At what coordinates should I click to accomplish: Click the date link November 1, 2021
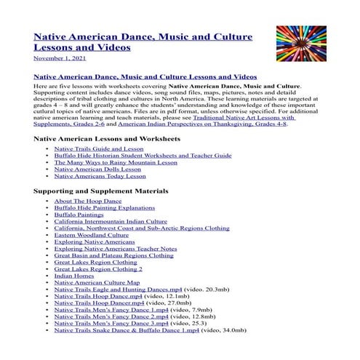(x=58, y=58)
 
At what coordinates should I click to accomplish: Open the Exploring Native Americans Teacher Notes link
(x=115, y=249)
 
